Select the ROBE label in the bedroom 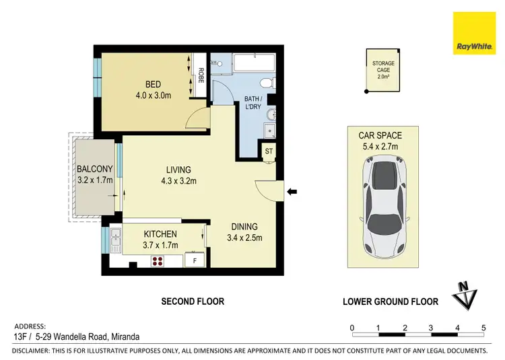pos(201,75)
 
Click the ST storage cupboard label pos(269,151)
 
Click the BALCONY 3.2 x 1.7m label pos(94,174)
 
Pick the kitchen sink pos(116,237)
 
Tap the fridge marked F pos(195,260)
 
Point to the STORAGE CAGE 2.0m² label pos(384,69)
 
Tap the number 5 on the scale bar pos(483,328)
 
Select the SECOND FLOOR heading pos(193,301)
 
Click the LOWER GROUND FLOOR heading pos(390,301)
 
